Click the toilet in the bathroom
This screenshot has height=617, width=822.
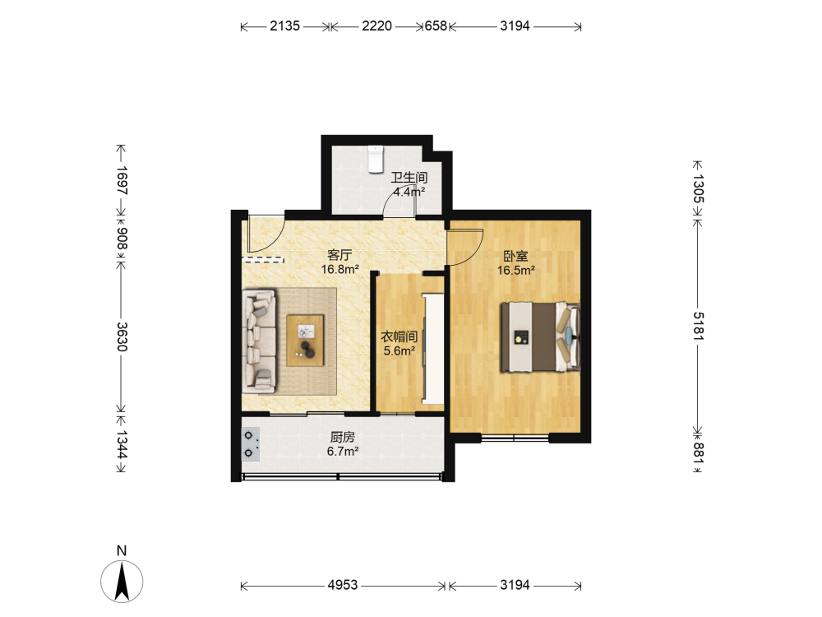pos(376,160)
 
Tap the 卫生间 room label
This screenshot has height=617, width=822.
pos(409,178)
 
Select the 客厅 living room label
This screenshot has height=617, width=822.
pos(339,255)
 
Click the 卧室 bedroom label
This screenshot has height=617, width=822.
pos(516,256)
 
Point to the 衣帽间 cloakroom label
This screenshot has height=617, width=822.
pos(399,336)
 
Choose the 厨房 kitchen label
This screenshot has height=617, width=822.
pos(342,437)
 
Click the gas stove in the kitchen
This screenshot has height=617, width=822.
pos(251,444)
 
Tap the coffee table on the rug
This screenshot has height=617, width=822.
pos(305,341)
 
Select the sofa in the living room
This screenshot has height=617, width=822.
pos(260,341)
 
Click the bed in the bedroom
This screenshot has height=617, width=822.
pos(541,336)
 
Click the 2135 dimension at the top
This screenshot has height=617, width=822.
pos(285,26)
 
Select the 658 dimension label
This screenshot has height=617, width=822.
pos(436,26)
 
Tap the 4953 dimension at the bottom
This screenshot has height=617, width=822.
pos(342,584)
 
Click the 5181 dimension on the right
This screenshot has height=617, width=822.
pos(698,326)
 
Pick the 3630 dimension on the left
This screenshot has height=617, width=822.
pos(122,336)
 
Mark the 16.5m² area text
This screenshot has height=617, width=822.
pos(516,271)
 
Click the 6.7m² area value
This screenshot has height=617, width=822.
pos(342,451)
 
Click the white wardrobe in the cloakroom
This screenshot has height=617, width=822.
pos(433,349)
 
